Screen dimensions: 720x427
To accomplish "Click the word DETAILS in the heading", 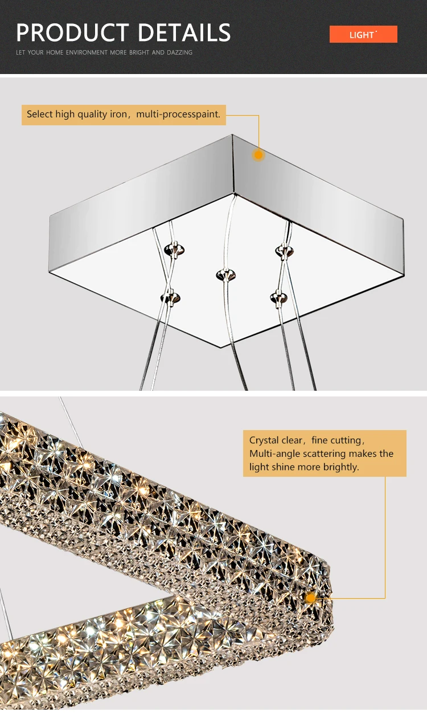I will pos(184,32).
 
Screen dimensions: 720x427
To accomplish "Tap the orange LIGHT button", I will pos(363,35).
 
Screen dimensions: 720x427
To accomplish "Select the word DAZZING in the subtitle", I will pos(179,52).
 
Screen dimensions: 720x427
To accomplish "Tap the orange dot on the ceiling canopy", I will pos(258,154).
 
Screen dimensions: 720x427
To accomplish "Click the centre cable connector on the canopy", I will pos(225,276).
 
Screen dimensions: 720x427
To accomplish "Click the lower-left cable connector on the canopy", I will pos(170,297).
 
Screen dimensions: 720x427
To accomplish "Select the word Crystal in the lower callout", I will pos(264,440).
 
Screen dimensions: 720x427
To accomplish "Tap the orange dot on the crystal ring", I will pos(311,598).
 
